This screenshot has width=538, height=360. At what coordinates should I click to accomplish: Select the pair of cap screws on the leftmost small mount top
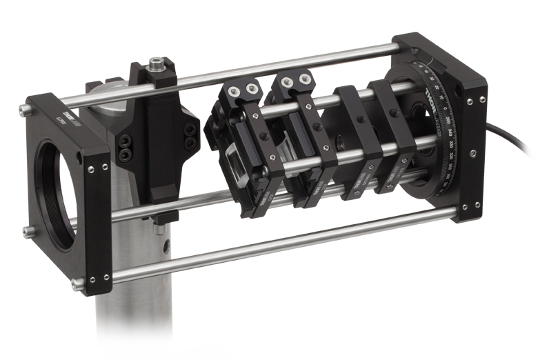tap(243, 89)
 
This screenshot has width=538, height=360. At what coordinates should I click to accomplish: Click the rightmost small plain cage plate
tap(393, 138)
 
